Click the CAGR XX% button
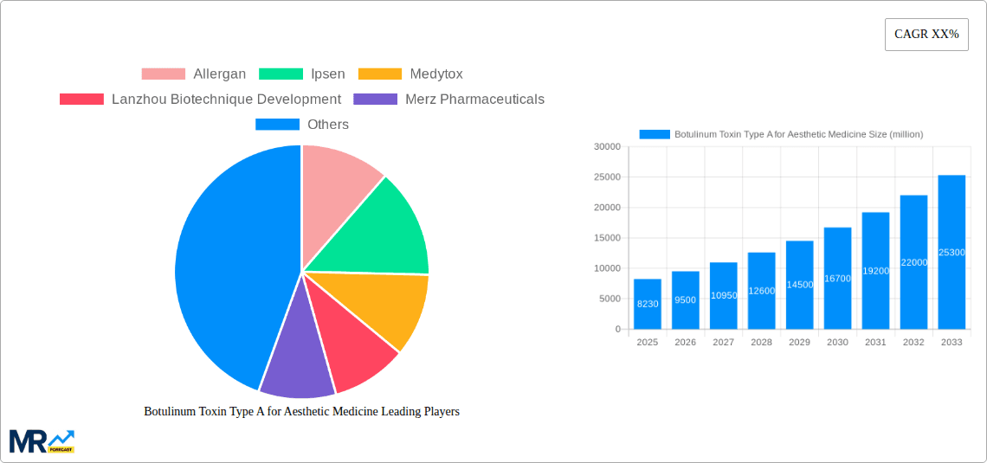coord(926,35)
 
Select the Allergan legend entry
coord(194,74)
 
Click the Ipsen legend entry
coord(302,74)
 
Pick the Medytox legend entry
coord(410,74)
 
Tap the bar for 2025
coord(648,304)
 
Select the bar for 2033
coord(952,252)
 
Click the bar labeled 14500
coord(799,285)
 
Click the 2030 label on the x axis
coord(837,343)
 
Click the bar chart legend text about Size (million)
coord(798,134)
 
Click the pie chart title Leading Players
coord(301,412)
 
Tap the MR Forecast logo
coord(42,440)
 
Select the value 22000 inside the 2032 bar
coord(914,262)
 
